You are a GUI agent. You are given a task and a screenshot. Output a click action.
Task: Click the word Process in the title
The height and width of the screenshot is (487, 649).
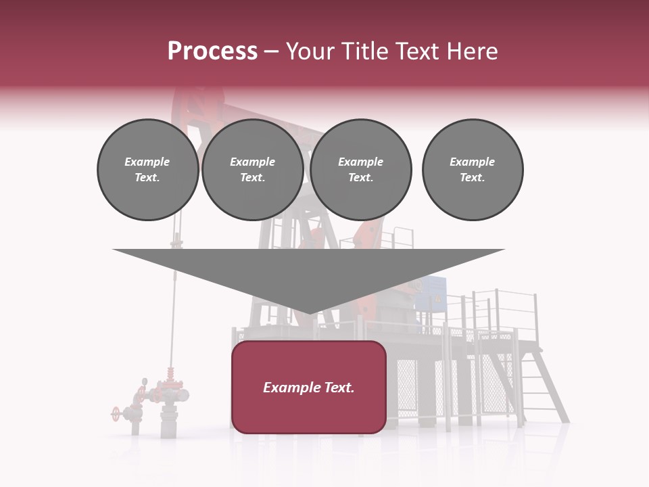point(212,51)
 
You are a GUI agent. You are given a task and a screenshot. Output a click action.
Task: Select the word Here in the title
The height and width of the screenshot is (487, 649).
point(473,51)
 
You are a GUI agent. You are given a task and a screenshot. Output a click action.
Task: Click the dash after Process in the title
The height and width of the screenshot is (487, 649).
point(271,52)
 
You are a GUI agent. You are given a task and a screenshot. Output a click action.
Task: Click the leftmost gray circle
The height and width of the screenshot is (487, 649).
point(147,170)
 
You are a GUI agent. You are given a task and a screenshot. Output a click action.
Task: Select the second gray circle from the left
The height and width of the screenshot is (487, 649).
point(252,170)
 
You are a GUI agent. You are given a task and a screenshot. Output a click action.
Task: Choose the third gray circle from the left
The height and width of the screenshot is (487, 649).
point(360,170)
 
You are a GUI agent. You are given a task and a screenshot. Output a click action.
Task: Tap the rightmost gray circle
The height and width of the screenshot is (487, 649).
point(472,170)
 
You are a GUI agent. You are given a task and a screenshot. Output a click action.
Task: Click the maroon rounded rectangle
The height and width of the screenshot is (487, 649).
point(309,406)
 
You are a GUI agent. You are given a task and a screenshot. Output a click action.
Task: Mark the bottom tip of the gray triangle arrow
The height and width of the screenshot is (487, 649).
point(309,312)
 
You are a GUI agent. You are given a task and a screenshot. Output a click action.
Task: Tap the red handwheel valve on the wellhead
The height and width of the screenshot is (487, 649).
point(116,412)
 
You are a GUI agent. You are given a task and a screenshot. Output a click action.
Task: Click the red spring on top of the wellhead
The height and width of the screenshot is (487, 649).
point(169,374)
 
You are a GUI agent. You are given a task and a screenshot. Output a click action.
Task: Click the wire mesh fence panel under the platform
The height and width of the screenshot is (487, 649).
point(408,385)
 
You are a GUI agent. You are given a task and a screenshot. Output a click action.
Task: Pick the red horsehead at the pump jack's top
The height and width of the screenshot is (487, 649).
point(186,108)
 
